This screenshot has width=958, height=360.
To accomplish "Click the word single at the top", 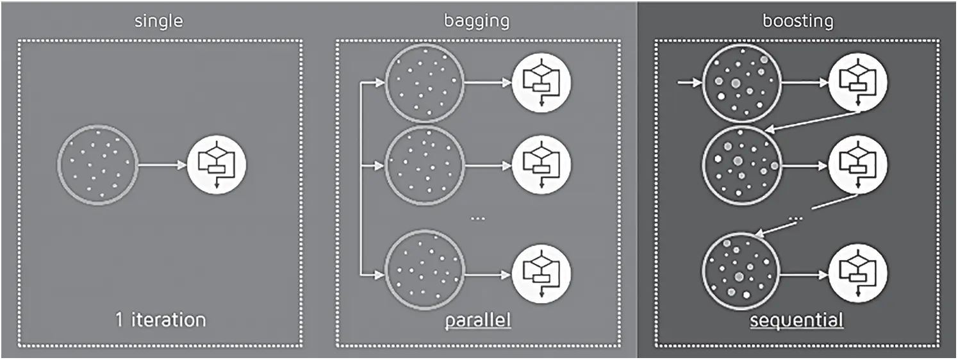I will (x=158, y=21).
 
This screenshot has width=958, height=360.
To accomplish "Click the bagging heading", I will (x=477, y=21).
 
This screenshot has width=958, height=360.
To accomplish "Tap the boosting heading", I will (x=798, y=21).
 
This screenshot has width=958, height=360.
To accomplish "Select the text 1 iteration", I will (x=161, y=319).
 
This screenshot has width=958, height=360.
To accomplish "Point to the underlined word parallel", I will (x=479, y=319).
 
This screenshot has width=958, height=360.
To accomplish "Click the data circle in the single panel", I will (x=97, y=165).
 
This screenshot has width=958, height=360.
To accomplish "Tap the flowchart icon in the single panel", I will (x=217, y=165).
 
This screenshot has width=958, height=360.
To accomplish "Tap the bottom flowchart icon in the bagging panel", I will (x=541, y=274).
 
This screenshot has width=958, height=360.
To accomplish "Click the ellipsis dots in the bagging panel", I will (x=478, y=218).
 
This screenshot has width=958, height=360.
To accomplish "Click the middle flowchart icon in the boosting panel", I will (x=859, y=165).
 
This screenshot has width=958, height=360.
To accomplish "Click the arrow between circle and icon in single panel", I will (x=161, y=165).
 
